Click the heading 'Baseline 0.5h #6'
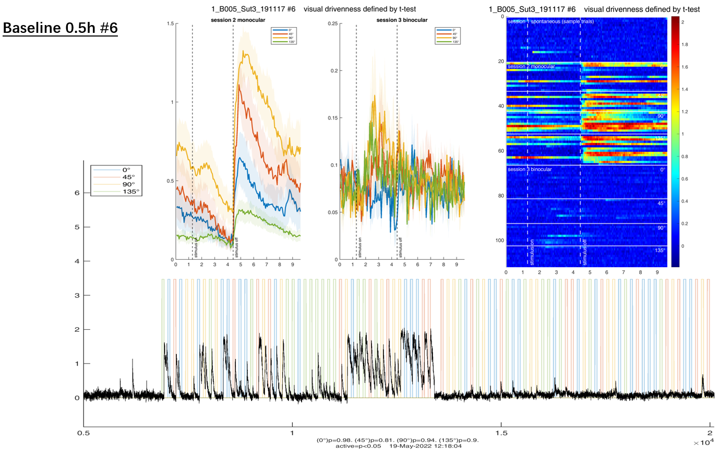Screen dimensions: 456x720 (x=60, y=28)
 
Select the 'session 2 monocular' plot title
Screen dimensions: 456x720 (x=237, y=20)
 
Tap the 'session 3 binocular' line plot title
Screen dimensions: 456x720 (x=402, y=20)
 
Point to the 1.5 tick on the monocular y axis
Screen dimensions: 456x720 (x=170, y=23)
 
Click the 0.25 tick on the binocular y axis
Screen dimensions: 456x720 (x=332, y=23)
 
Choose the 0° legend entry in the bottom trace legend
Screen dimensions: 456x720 (x=126, y=170)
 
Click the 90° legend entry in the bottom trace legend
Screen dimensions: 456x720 (x=128, y=184)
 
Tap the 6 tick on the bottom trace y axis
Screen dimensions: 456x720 (x=77, y=193)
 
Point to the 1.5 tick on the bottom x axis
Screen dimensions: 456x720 (x=501, y=433)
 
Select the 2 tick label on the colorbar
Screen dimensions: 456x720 (x=682, y=22)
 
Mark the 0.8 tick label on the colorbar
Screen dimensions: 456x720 (x=685, y=157)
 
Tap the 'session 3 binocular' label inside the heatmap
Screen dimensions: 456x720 (x=529, y=170)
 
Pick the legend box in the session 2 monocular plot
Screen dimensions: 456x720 (x=284, y=35)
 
